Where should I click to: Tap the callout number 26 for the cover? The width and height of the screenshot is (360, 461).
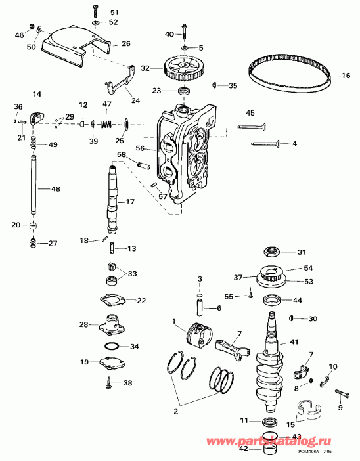pos(126,44)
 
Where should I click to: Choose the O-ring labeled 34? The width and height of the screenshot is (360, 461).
pos(112,346)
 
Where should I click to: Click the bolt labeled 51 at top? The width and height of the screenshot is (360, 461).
pos(97,12)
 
